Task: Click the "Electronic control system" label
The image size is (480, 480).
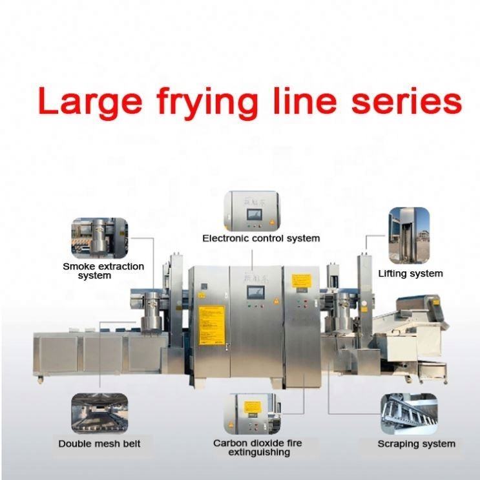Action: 260,238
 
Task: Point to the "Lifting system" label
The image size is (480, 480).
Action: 411,273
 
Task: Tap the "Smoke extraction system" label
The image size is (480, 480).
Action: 103,271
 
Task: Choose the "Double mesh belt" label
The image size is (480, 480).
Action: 99,444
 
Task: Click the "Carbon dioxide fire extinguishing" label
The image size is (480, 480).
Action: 257,448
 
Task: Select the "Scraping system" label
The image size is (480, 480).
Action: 416,444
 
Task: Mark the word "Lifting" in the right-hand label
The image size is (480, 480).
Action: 394,273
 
